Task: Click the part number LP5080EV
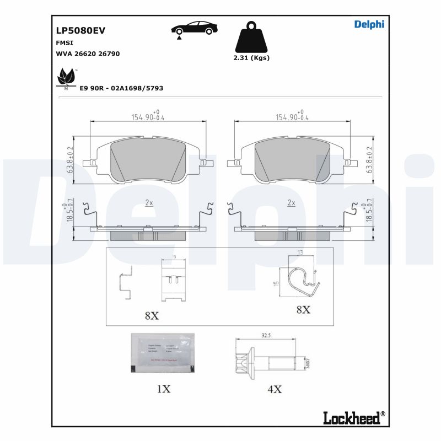pos(80,31)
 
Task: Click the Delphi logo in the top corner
pos(369,24)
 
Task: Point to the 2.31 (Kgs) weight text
pos(251,58)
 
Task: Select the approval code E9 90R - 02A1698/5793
pos(121,88)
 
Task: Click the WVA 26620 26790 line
pos(88,53)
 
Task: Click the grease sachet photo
pos(163,353)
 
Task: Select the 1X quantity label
pos(163,389)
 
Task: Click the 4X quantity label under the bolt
pos(275,389)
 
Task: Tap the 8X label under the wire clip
pos(303,310)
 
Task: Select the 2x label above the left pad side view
pos(149,203)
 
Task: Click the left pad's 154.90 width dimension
pos(148,117)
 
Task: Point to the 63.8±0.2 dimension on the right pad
pos(370,160)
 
